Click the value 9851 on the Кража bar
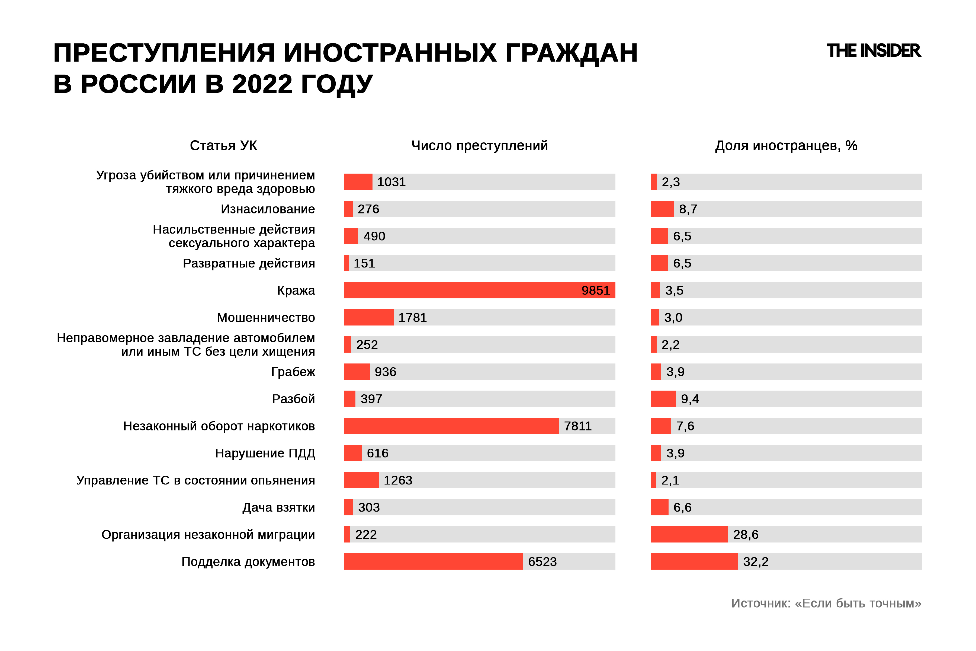pos(595,290)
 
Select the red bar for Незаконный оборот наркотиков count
pos(451,426)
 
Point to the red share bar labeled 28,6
pos(689,534)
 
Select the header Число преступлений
pos(479,145)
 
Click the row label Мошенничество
pos(266,318)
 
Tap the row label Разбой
pos(293,399)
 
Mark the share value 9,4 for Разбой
pos(690,399)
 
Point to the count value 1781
pos(412,318)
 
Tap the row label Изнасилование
pos(268,209)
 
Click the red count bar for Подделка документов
pos(433,562)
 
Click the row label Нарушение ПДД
pos(265,453)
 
